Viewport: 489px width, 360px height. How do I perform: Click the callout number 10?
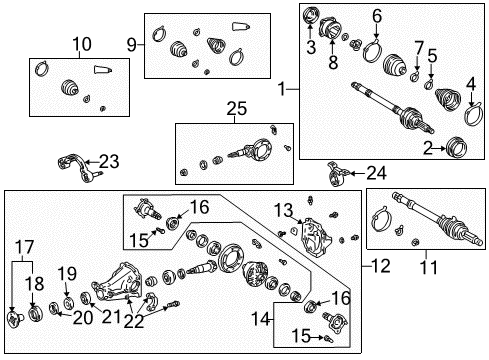80,43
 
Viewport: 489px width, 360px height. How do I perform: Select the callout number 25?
235,108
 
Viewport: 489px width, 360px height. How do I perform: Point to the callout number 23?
108,160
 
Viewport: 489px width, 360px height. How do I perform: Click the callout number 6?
377,16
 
